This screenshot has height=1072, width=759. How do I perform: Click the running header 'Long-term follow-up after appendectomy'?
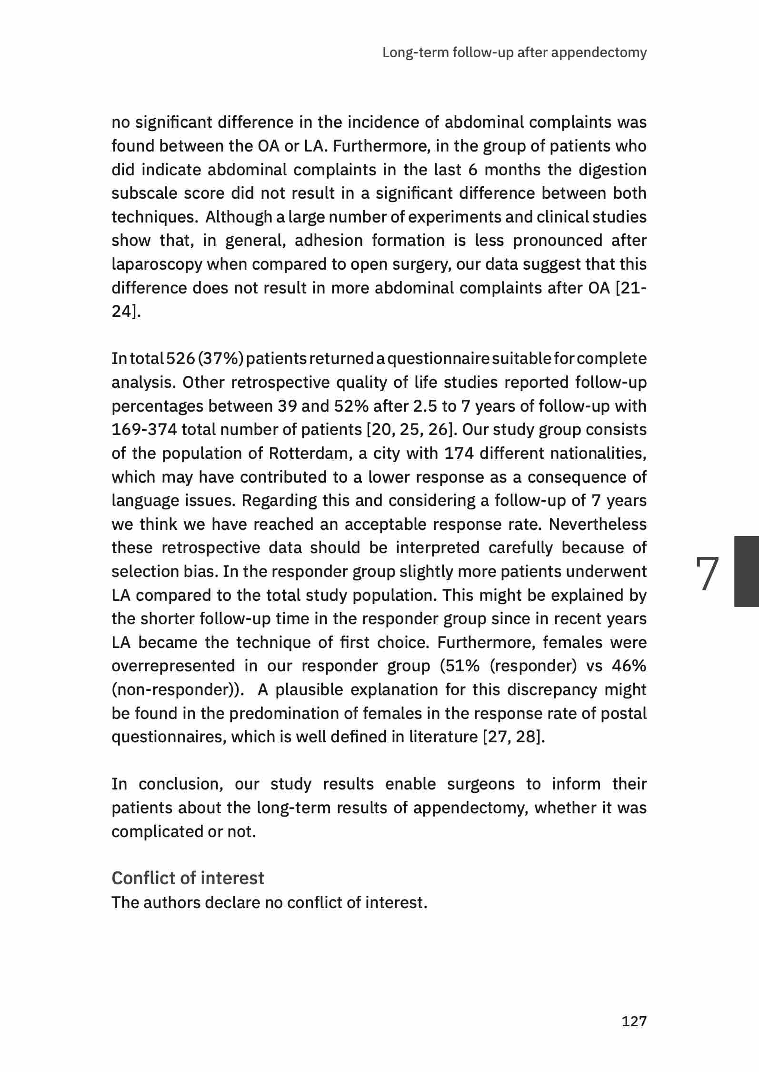(514, 52)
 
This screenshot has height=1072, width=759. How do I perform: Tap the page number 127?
(634, 1021)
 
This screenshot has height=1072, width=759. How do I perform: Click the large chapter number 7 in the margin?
(707, 574)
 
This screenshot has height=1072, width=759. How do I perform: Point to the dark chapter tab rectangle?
(746, 571)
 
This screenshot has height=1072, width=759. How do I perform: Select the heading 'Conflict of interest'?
(188, 878)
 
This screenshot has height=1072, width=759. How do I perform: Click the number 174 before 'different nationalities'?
(459, 453)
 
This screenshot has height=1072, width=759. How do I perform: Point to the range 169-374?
(144, 430)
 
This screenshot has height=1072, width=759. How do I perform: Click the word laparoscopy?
(157, 264)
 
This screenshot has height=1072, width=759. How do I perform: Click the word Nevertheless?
(598, 524)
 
